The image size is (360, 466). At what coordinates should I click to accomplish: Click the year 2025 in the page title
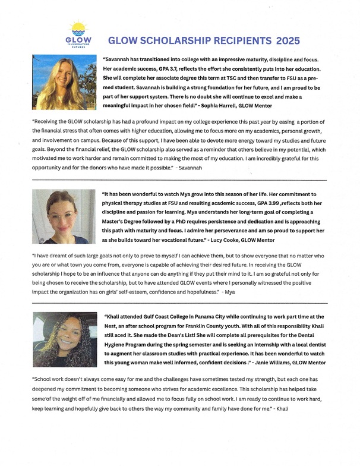pos(288,41)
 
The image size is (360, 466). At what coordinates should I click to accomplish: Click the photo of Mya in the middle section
pos(64,216)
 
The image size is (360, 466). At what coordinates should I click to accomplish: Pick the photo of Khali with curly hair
pos(64,339)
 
